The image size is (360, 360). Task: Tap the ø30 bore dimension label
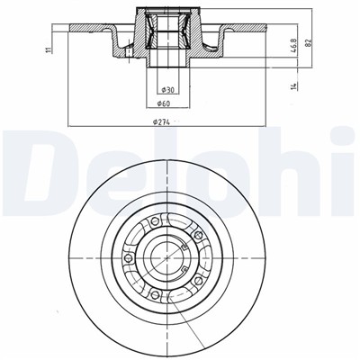(166, 89)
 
